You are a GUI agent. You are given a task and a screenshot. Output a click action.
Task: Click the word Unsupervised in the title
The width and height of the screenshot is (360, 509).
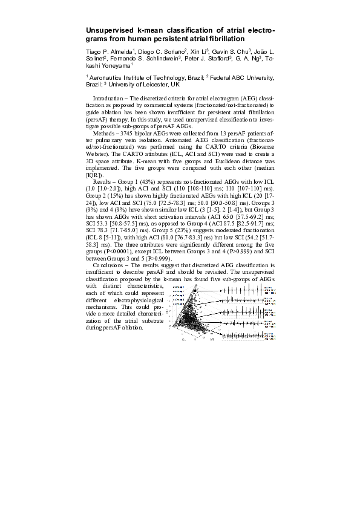click(x=105, y=29)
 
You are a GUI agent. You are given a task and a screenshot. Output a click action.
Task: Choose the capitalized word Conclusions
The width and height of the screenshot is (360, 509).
click(x=109, y=265)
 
